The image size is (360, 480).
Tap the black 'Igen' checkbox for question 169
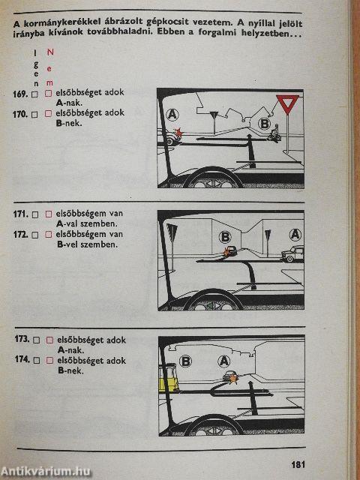coord(35,94)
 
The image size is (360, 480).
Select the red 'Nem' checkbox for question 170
coord(48,114)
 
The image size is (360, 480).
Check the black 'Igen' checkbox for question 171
coord(35,214)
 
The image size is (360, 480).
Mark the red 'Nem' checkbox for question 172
coord(48,235)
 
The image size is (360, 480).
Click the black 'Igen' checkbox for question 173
coord(37,340)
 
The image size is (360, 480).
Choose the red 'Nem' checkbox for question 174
coord(49,360)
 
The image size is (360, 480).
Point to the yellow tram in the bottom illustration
coord(168,377)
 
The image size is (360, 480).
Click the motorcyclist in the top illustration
coord(274,133)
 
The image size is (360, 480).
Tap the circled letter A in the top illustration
coord(172,115)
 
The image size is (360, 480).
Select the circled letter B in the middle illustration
coord(225,237)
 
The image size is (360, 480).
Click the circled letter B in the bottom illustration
coord(185,361)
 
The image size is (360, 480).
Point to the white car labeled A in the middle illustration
coord(292,254)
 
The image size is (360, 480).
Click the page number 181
coord(298,464)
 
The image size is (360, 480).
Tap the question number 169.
coord(20,94)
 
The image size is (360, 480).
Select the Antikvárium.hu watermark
coord(46,471)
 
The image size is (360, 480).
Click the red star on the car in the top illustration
coord(178,133)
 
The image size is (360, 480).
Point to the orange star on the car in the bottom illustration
coord(233,379)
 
